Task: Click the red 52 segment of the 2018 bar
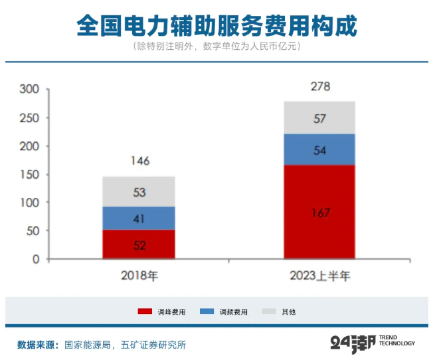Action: coord(139,244)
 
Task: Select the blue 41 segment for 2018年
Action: coord(139,218)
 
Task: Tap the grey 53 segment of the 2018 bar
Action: coord(139,192)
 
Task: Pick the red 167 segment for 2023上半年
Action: coord(319,212)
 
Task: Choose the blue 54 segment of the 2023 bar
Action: coord(319,149)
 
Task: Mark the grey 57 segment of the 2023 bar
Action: coord(319,118)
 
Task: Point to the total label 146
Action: coord(140,161)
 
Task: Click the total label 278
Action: coord(320,86)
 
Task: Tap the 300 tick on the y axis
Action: coord(29,89)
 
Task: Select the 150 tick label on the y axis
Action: coord(29,175)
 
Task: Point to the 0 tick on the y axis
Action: coord(36,259)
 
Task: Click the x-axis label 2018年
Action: coord(139,276)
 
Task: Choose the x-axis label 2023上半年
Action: coord(320,276)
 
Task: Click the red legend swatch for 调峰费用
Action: coord(145,312)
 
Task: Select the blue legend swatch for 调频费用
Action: coord(207,312)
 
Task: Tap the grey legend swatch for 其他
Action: coord(269,312)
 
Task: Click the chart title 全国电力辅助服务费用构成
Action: coord(217,26)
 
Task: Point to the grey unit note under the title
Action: coord(217,46)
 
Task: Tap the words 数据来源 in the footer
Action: coord(36,345)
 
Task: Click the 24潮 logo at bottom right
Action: coord(373,343)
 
